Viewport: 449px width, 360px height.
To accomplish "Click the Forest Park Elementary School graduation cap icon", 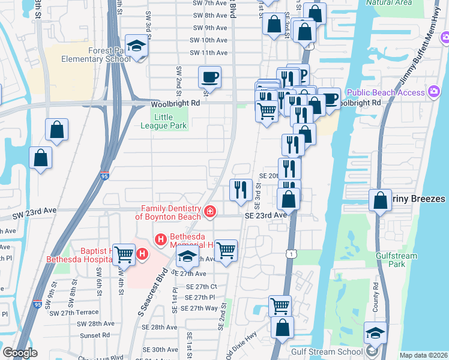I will coord(137,47).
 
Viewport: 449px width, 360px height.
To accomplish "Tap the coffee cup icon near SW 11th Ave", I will coord(209,77).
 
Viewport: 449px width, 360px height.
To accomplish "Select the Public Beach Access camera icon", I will coord(433,92).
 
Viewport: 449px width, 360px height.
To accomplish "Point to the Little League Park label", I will coord(164,122).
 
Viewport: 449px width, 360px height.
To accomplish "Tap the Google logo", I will coord(20,352).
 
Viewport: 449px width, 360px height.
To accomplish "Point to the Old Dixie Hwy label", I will coord(241,343).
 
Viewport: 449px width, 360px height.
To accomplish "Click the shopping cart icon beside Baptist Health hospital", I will coord(124,254).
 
